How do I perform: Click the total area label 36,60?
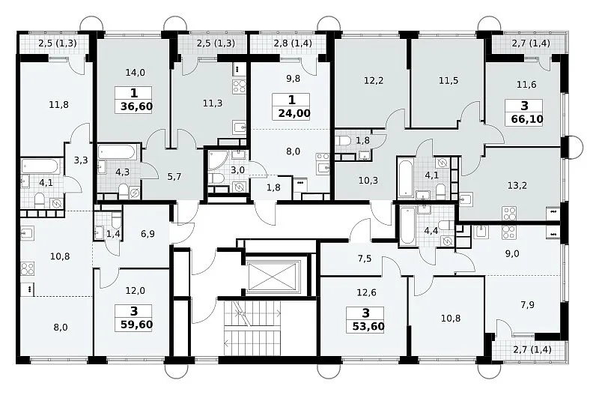pyautogui.click(x=136, y=106)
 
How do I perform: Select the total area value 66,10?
pyautogui.click(x=527, y=119)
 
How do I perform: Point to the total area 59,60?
pyautogui.click(x=136, y=325)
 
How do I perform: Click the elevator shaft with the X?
pyautogui.click(x=275, y=277)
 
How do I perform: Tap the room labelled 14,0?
pyautogui.click(x=136, y=72)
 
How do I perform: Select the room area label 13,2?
pyautogui.click(x=517, y=185)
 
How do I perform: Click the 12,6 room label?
pyautogui.click(x=366, y=292)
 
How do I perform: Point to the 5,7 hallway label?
pyautogui.click(x=174, y=177)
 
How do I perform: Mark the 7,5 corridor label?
pyautogui.click(x=365, y=259)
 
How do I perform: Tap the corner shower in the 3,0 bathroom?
pyautogui.click(x=217, y=160)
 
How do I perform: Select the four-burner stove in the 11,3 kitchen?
pyautogui.click(x=240, y=87)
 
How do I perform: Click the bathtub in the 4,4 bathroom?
pyautogui.click(x=407, y=226)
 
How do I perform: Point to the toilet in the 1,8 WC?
pyautogui.click(x=344, y=140)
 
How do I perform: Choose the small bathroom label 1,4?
pyautogui.click(x=113, y=234)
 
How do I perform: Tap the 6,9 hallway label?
pyautogui.click(x=148, y=234)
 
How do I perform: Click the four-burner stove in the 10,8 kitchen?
pyautogui.click(x=28, y=269)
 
